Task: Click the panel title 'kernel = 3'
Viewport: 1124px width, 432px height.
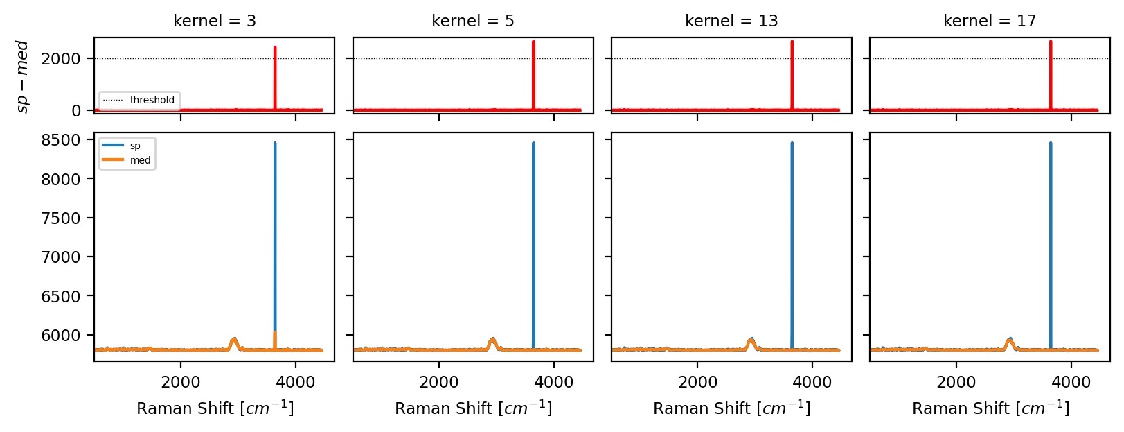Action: coord(215,21)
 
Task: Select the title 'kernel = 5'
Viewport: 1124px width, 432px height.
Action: coord(473,21)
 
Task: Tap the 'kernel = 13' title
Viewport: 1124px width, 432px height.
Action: coord(731,21)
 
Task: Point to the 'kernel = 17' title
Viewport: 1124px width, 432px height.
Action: coord(990,21)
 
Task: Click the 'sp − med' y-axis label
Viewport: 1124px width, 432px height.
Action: coord(22,76)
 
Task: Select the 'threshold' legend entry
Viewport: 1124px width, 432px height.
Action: coord(152,100)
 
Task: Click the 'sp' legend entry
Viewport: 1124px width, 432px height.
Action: coord(135,146)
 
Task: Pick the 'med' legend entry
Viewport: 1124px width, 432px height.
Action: coord(140,160)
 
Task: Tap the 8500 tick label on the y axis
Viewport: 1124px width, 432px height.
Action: coord(61,140)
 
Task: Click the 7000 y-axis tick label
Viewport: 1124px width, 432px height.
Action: coord(61,257)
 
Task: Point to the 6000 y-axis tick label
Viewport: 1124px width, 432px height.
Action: coord(61,336)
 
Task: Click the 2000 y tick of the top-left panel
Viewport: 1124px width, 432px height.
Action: coord(61,59)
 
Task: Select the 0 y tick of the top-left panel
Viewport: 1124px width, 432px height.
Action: coord(76,111)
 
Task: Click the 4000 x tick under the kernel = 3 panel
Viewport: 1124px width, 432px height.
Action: coord(296,382)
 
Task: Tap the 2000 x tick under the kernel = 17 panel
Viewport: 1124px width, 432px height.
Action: coord(956,382)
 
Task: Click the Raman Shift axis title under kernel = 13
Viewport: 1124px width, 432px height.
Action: coord(731,408)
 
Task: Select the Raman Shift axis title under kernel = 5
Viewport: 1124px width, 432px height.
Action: coord(473,408)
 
